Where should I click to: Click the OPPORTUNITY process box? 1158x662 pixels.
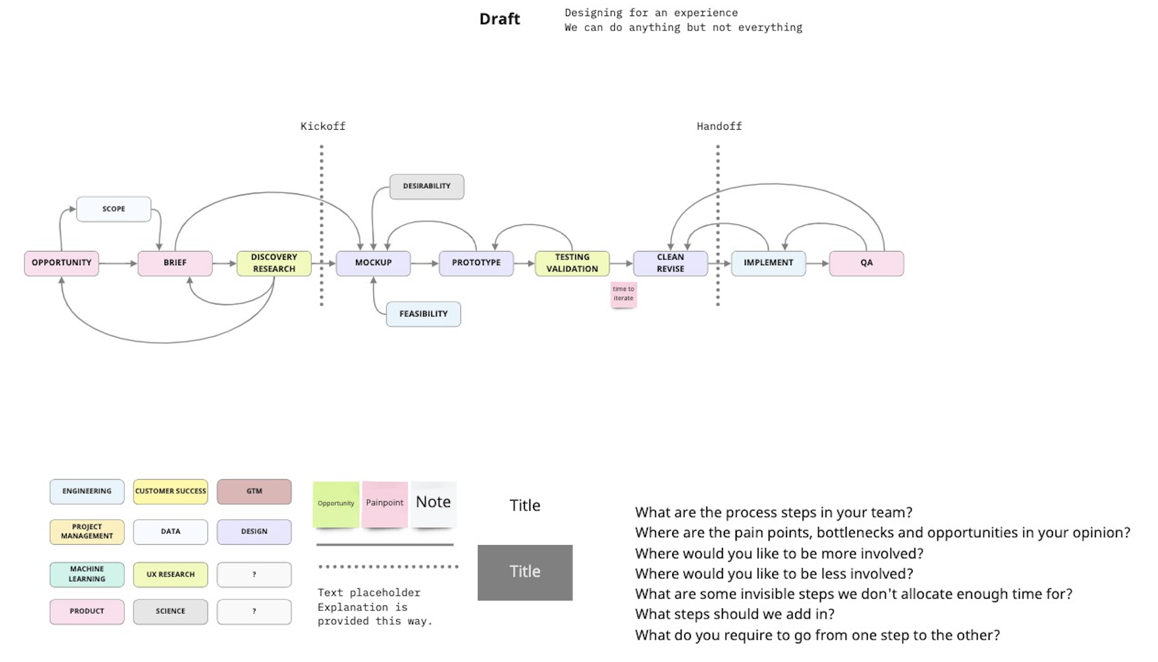pos(62,263)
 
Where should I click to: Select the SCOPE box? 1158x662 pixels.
pos(114,209)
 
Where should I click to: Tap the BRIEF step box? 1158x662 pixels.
pos(175,263)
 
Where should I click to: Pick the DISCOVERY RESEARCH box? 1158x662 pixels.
pos(274,263)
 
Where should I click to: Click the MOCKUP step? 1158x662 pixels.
pos(373,263)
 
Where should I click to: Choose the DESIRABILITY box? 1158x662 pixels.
pos(426,186)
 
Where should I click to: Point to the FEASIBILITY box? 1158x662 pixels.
pos(423,314)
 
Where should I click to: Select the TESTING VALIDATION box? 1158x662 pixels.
pos(572,263)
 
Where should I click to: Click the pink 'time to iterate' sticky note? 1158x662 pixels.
pos(623,294)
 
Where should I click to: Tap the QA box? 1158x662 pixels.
pos(866,263)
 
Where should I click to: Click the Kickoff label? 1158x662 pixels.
pos(322,127)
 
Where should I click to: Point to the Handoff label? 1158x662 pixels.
pos(719,127)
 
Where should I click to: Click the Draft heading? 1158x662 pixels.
pos(499,19)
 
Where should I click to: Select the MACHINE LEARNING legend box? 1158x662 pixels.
pos(87,574)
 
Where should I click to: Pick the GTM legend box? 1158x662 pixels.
pos(254,491)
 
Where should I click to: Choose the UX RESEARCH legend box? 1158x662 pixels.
pos(170,574)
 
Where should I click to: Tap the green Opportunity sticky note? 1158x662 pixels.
pos(336,504)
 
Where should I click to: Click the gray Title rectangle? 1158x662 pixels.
pos(525,572)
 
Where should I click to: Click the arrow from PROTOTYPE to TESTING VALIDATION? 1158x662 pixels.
pos(524,263)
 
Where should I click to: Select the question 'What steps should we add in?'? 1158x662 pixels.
pos(734,614)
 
